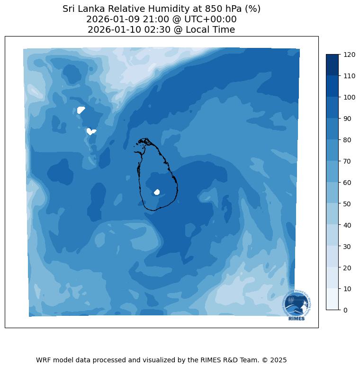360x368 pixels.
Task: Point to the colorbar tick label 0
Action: pyautogui.click(x=346, y=310)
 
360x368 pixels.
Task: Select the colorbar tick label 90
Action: pyautogui.click(x=348, y=119)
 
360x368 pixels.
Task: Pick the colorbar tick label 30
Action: pyautogui.click(x=348, y=246)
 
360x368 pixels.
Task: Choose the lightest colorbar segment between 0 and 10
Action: pyautogui.click(x=333, y=299)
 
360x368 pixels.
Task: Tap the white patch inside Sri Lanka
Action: pyautogui.click(x=157, y=192)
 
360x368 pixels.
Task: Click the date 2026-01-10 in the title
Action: pyautogui.click(x=110, y=30)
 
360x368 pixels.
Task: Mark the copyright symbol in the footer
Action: pyautogui.click(x=263, y=360)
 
